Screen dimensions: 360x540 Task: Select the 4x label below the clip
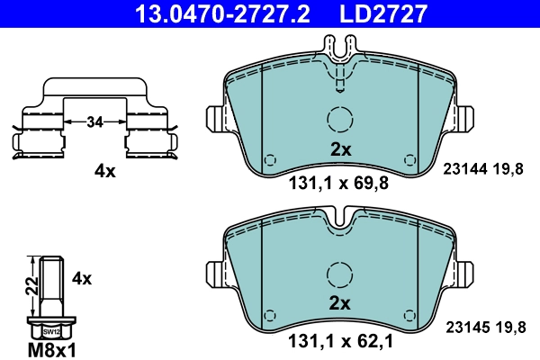pos(106,170)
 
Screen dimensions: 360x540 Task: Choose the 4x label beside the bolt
pos(81,279)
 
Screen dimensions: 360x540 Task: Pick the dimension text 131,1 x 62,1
pos(338,341)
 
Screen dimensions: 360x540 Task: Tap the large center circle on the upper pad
pos(339,120)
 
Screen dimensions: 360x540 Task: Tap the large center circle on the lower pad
pos(339,273)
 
